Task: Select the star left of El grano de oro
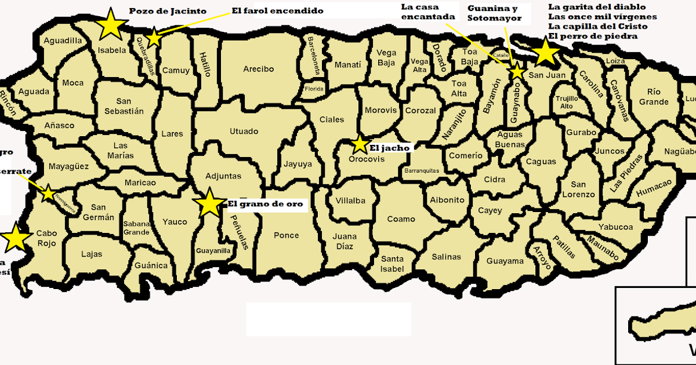click(209, 203)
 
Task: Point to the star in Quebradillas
click(154, 38)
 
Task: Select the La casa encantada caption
click(428, 12)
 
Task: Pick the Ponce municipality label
click(287, 235)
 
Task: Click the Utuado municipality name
click(244, 132)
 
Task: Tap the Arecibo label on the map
click(258, 69)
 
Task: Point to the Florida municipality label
click(314, 89)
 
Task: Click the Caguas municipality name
click(541, 162)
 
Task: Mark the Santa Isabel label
click(392, 264)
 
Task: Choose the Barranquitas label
click(422, 171)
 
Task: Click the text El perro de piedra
click(592, 36)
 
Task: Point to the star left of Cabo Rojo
click(16, 238)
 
